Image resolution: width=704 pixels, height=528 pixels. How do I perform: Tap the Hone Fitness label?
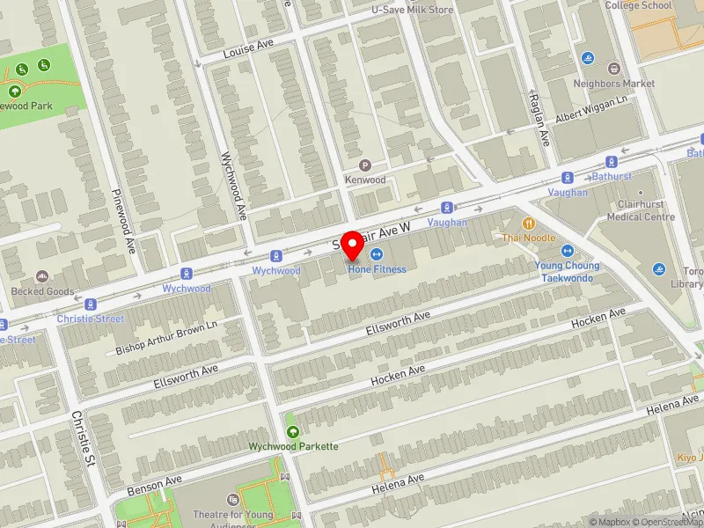tap(377, 268)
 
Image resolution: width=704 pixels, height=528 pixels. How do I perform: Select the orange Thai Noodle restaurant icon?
tap(528, 224)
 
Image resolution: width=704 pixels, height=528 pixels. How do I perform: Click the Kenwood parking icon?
tap(365, 165)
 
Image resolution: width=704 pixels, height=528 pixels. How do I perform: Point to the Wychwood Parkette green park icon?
tap(293, 432)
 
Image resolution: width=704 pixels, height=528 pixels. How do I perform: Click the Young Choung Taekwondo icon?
tap(567, 252)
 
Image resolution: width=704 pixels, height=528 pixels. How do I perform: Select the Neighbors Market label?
tap(614, 84)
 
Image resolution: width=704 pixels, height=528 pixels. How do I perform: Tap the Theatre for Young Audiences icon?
tap(233, 501)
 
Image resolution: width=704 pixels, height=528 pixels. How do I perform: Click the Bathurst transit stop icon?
tap(612, 162)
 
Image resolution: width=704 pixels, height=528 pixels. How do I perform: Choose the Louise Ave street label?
tap(249, 48)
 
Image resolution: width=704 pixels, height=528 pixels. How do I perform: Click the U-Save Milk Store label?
tap(411, 10)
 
